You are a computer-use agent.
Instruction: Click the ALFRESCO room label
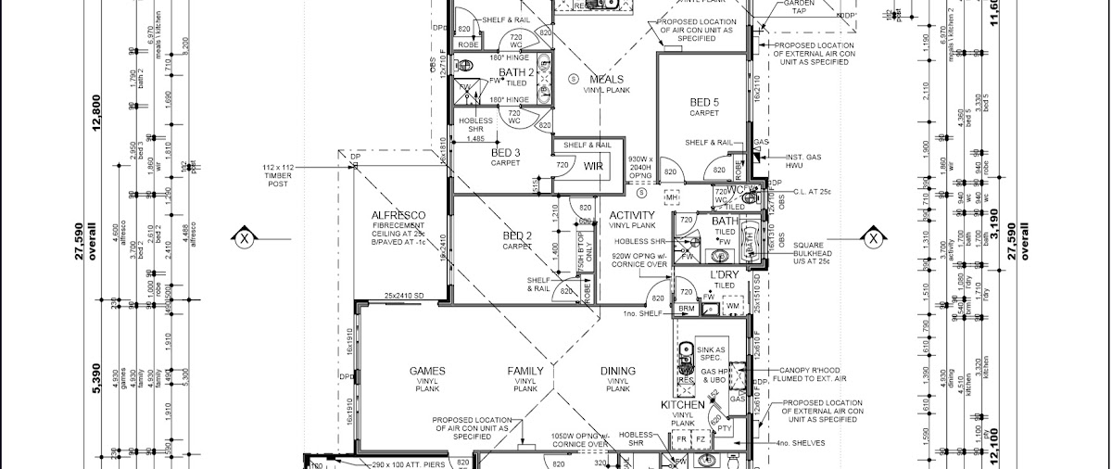(398, 214)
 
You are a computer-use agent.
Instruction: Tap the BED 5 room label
(704, 101)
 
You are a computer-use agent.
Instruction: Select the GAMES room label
(427, 371)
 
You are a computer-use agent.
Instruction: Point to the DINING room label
(619, 371)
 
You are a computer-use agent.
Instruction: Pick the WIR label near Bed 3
(593, 165)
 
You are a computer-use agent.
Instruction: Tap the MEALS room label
(606, 79)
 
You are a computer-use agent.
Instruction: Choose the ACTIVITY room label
(632, 215)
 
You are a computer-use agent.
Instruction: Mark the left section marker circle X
(244, 238)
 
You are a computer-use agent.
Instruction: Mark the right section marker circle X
(872, 238)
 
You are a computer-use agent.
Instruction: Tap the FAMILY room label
(525, 371)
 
